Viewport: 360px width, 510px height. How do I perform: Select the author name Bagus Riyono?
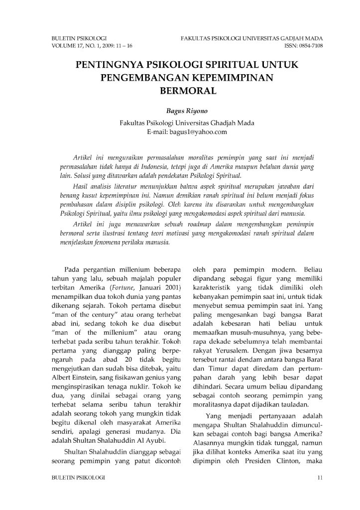click(180, 112)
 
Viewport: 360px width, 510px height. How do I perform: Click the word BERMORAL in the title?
click(180, 92)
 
